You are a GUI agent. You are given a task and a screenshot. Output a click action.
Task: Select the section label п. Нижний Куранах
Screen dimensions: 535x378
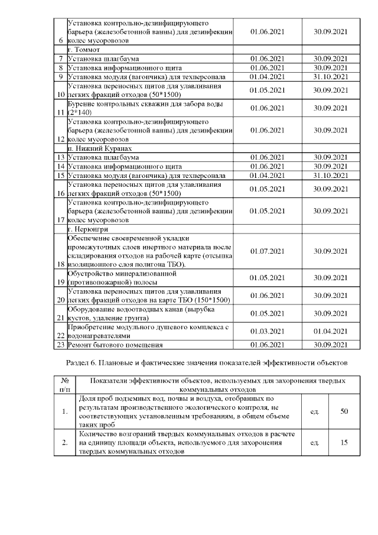99,148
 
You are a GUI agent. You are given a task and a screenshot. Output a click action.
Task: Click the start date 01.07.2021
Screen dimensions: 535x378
268,251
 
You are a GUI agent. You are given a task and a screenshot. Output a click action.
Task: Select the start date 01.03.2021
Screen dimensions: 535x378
268,331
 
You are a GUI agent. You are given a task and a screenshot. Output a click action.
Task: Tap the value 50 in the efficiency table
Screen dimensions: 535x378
344,411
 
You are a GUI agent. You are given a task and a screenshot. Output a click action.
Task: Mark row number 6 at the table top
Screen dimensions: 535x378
61,40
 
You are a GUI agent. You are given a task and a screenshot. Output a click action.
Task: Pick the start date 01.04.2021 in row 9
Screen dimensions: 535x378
268,76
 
